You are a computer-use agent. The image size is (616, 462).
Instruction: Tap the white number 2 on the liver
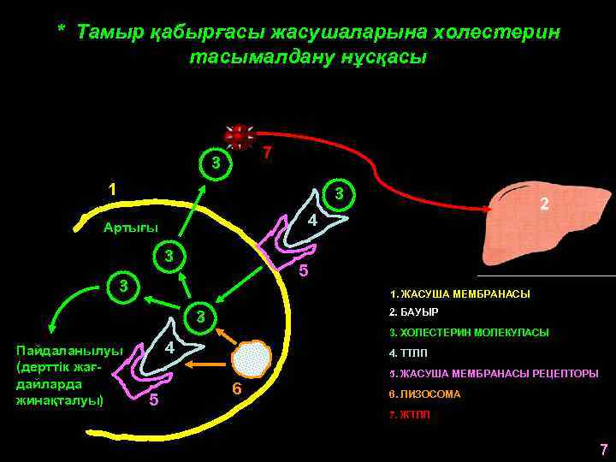[x=542, y=204]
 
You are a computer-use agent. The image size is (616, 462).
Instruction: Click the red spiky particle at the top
[x=239, y=135]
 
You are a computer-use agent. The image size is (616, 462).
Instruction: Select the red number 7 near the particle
[x=268, y=154]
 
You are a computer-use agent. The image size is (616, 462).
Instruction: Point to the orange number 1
[x=111, y=189]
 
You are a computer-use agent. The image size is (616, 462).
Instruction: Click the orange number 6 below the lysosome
[x=237, y=390]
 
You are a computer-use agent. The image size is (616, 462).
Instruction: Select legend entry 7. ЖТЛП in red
[x=410, y=415]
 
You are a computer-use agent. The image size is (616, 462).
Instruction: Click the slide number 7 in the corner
[x=603, y=449]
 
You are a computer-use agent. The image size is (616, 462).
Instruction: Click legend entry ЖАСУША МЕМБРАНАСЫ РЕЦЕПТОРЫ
[x=494, y=374]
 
